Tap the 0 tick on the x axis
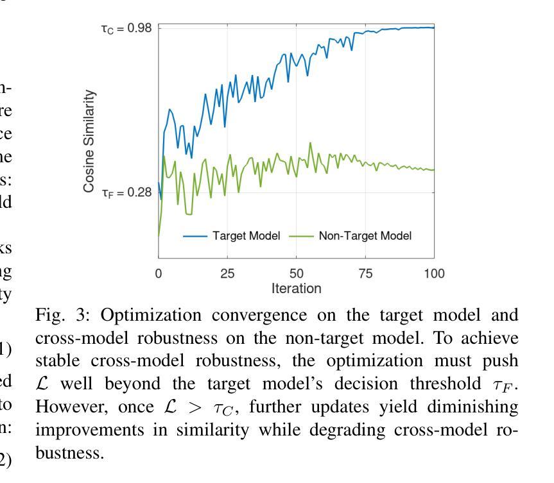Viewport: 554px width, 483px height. (159, 273)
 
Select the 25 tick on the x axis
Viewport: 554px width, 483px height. (227, 273)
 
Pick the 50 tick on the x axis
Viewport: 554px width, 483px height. (297, 273)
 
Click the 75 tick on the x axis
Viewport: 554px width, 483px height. (365, 273)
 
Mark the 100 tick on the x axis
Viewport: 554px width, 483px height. (435, 273)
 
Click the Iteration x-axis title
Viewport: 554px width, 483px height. (296, 289)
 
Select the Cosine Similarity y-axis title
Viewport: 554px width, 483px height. (90, 141)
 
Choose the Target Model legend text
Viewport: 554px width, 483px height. (247, 236)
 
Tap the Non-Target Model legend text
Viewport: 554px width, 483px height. (365, 236)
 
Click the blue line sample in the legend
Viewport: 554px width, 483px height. (195, 236)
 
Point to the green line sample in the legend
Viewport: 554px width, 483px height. (302, 236)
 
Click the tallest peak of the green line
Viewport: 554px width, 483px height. (311, 143)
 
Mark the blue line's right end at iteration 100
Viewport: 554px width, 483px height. (434, 28)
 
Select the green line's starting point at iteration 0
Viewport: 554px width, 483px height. (159, 235)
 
